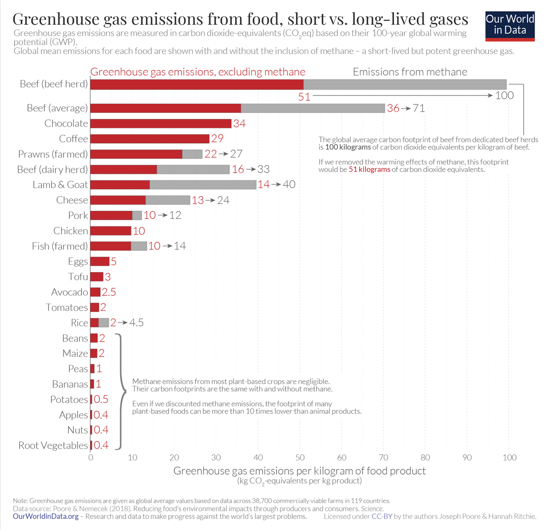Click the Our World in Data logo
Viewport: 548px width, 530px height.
coord(510,26)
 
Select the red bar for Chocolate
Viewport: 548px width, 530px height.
coord(161,124)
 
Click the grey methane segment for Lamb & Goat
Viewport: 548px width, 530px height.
coord(203,185)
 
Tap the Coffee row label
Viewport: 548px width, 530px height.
coord(73,139)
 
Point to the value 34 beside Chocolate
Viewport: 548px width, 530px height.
coord(239,124)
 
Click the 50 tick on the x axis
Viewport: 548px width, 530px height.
coord(300,458)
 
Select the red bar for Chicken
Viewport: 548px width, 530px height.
coord(111,231)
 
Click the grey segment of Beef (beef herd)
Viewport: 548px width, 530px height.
coord(405,84)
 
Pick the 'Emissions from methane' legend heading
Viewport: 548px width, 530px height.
coord(410,72)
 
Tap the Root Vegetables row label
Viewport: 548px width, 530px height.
coord(53,446)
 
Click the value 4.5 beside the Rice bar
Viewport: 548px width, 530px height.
coord(136,323)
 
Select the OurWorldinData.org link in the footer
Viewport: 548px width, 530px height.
coord(46,516)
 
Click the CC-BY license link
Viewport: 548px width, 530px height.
coord(382,516)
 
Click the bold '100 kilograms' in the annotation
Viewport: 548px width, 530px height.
coord(348,148)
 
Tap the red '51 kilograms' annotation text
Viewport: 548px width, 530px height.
coord(369,169)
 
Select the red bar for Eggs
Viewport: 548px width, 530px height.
coord(100,261)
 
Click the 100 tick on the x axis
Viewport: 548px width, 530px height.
coord(509,458)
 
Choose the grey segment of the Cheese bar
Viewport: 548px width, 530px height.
coord(168,200)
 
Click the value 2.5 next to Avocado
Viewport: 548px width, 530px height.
coord(109,292)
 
